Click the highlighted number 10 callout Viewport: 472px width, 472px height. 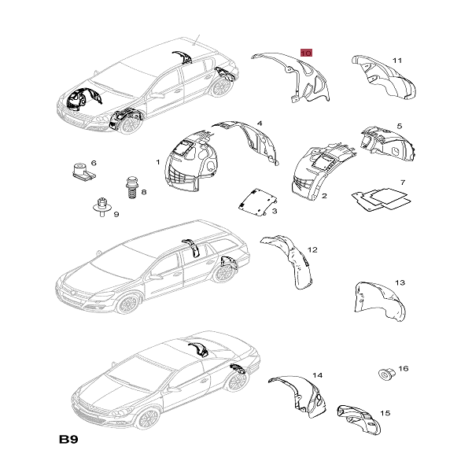[306, 53]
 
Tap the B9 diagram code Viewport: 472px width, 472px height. [68, 439]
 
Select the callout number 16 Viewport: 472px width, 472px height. [404, 368]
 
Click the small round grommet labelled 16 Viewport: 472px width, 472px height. [385, 374]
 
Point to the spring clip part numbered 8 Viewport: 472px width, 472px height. [131, 187]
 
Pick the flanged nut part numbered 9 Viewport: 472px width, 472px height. [102, 206]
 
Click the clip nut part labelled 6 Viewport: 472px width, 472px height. [83, 171]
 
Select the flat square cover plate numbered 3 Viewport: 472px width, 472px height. [258, 201]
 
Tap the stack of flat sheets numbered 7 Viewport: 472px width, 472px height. [382, 199]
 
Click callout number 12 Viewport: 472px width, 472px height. [312, 249]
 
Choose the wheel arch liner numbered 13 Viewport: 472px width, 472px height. [380, 301]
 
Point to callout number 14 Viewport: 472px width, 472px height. [317, 375]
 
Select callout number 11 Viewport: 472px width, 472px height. [397, 61]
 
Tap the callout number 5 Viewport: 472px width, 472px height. [400, 126]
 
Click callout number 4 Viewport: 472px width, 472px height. [260, 124]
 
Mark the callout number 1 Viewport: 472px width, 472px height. [158, 162]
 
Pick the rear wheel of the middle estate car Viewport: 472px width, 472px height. [223, 272]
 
